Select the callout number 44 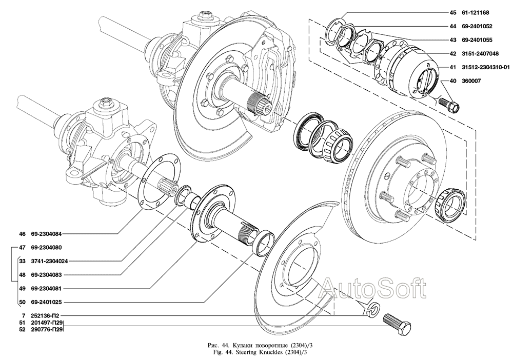452,26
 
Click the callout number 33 22,261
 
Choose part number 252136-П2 48,316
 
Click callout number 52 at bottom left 22,330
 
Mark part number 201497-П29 48,323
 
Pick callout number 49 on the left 22,288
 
